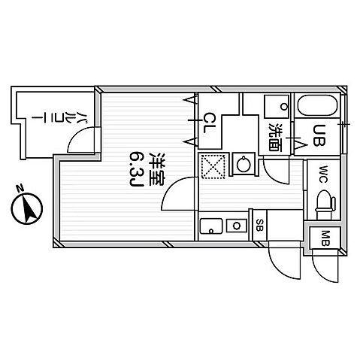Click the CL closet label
[209, 123]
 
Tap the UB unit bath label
[319, 135]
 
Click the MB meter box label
[325, 238]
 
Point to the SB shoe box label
[259, 225]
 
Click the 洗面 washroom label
[275, 137]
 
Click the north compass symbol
[27, 205]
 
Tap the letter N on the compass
[20, 188]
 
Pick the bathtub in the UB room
[316, 105]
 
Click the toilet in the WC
[325, 203]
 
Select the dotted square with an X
[213, 166]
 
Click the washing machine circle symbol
[244, 164]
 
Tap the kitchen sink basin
[211, 226]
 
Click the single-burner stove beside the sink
[237, 226]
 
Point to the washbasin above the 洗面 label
[277, 107]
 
